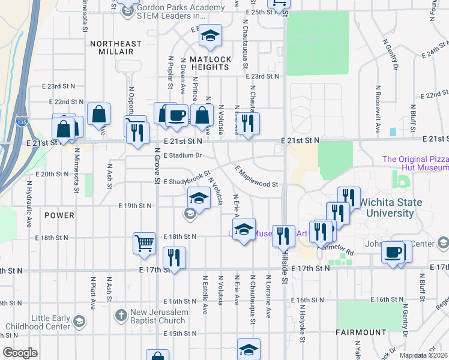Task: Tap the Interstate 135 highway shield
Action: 22,119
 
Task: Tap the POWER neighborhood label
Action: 59,215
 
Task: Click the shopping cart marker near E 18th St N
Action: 145,243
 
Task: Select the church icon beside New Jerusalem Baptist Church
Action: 121,314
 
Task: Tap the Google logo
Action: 20,352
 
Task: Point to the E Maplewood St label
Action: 256,176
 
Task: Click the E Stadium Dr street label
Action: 180,155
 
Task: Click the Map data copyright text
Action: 423,355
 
